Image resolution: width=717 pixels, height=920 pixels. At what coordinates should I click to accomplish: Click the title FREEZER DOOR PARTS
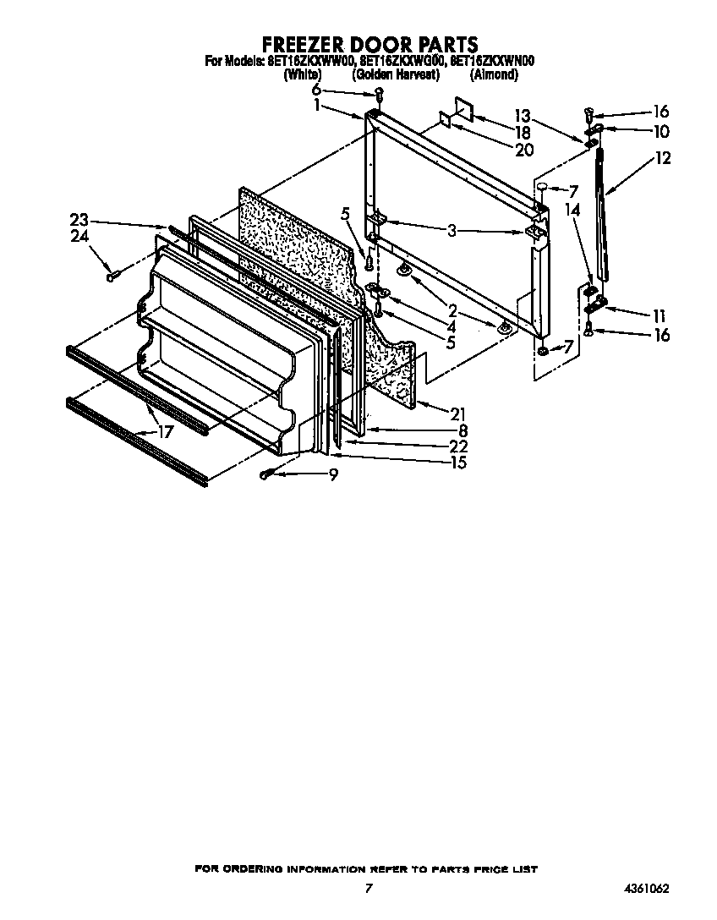pos(368,44)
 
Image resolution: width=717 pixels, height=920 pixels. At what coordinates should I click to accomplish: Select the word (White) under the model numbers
pos(302,74)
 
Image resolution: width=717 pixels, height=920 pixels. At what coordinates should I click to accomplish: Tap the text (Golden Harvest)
pos(396,74)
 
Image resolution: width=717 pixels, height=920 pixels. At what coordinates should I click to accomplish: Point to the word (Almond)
pos(493,74)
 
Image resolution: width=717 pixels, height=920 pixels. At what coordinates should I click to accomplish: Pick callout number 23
pos(79,220)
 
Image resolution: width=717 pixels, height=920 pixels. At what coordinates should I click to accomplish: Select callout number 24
pos(79,237)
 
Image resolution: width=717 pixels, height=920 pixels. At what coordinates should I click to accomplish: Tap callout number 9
pos(333,475)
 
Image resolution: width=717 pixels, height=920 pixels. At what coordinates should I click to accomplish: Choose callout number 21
pos(457,413)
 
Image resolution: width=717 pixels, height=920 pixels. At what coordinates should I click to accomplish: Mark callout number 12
pos(662,157)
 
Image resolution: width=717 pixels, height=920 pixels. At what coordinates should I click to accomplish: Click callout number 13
pos(522,116)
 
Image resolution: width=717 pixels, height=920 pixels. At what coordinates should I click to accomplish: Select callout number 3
pos(452,230)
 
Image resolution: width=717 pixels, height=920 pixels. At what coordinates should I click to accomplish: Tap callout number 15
pos(457,462)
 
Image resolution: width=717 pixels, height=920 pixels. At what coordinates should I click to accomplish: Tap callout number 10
pos(660,131)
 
